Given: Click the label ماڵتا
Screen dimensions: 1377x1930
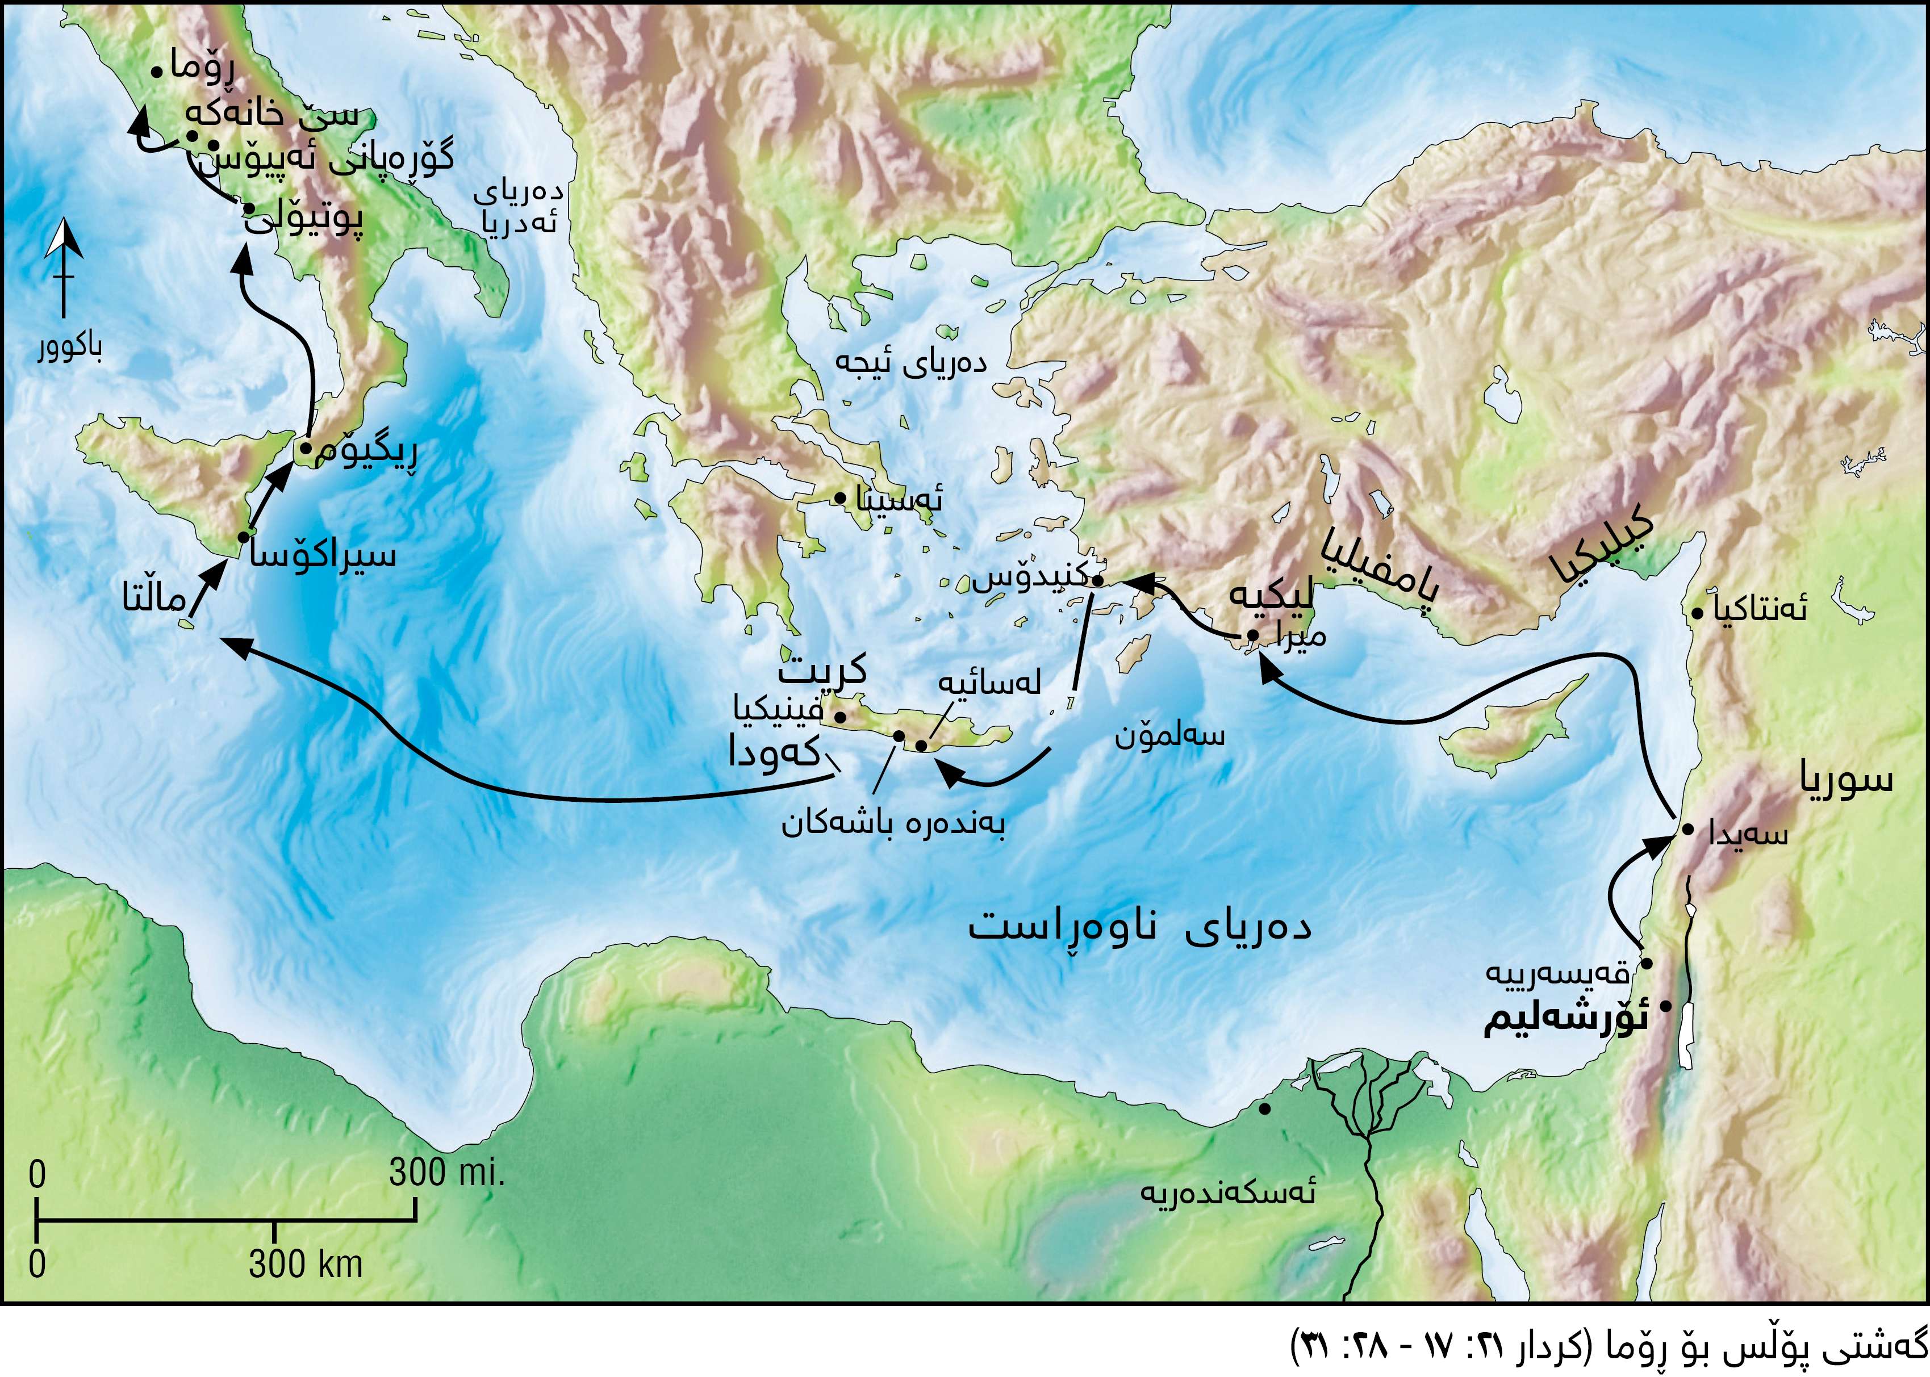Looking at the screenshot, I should pos(153,600).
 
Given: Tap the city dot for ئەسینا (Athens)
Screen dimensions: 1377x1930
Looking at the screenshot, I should pos(839,497).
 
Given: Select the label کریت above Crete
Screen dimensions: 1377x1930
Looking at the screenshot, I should pos(822,670).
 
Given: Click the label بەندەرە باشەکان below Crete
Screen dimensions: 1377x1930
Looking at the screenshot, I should pos(893,823).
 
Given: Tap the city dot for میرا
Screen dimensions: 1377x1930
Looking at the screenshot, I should pos(1252,634).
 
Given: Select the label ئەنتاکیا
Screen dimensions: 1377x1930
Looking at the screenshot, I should pos(1760,608).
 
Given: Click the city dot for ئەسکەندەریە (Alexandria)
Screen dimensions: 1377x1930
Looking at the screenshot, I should pos(1264,1109).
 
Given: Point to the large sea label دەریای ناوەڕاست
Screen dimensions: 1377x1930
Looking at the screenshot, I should pos(1140,926).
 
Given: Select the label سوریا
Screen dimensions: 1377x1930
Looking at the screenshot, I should pos(1846,779).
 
